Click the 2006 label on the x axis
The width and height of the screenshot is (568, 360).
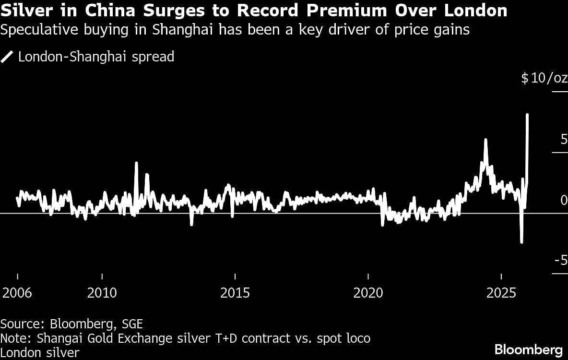(18, 293)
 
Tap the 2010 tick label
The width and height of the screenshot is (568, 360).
(102, 293)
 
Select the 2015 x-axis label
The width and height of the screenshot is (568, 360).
(235, 293)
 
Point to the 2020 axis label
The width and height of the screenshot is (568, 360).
(368, 293)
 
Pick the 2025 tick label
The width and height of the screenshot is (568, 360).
(501, 293)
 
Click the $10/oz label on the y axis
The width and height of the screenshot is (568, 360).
(544, 78)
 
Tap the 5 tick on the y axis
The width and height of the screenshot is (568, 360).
(563, 140)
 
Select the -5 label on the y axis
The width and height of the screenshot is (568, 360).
(561, 261)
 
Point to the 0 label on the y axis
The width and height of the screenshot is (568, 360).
(564, 200)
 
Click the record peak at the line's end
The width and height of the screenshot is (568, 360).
(527, 115)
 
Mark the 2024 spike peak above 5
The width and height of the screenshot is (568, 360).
(485, 140)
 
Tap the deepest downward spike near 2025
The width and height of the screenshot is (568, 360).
(521, 242)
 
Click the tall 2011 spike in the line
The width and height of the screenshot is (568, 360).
(136, 163)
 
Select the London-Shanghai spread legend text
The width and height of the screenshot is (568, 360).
(96, 57)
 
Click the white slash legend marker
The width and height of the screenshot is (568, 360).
(8, 57)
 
